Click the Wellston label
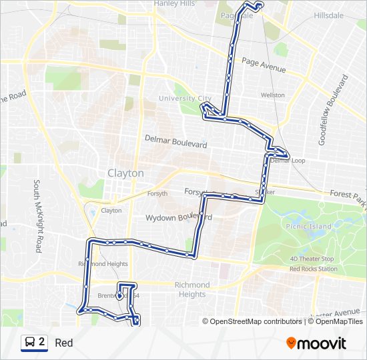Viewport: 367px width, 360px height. (272, 95)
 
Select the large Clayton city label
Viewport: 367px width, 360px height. (125, 173)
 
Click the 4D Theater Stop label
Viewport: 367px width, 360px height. (312, 259)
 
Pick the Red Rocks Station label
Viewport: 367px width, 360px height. (313, 269)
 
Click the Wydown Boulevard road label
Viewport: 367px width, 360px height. (179, 217)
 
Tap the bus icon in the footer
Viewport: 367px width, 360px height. (30, 343)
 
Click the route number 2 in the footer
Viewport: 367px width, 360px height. (42, 342)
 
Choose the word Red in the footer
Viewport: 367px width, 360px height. (64, 343)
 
